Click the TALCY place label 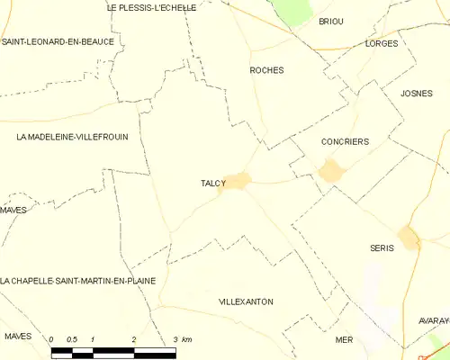[213, 184]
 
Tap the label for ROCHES [266, 69]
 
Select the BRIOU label [331, 21]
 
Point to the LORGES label [382, 43]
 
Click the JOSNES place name [417, 93]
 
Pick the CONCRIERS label [345, 141]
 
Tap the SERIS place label [382, 247]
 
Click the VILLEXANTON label [246, 301]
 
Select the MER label [344, 339]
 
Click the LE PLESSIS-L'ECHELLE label [151, 7]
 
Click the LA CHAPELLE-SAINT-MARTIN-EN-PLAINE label [78, 281]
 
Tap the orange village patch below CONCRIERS [330, 169]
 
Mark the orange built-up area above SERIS [409, 237]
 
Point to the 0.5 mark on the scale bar [72, 339]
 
